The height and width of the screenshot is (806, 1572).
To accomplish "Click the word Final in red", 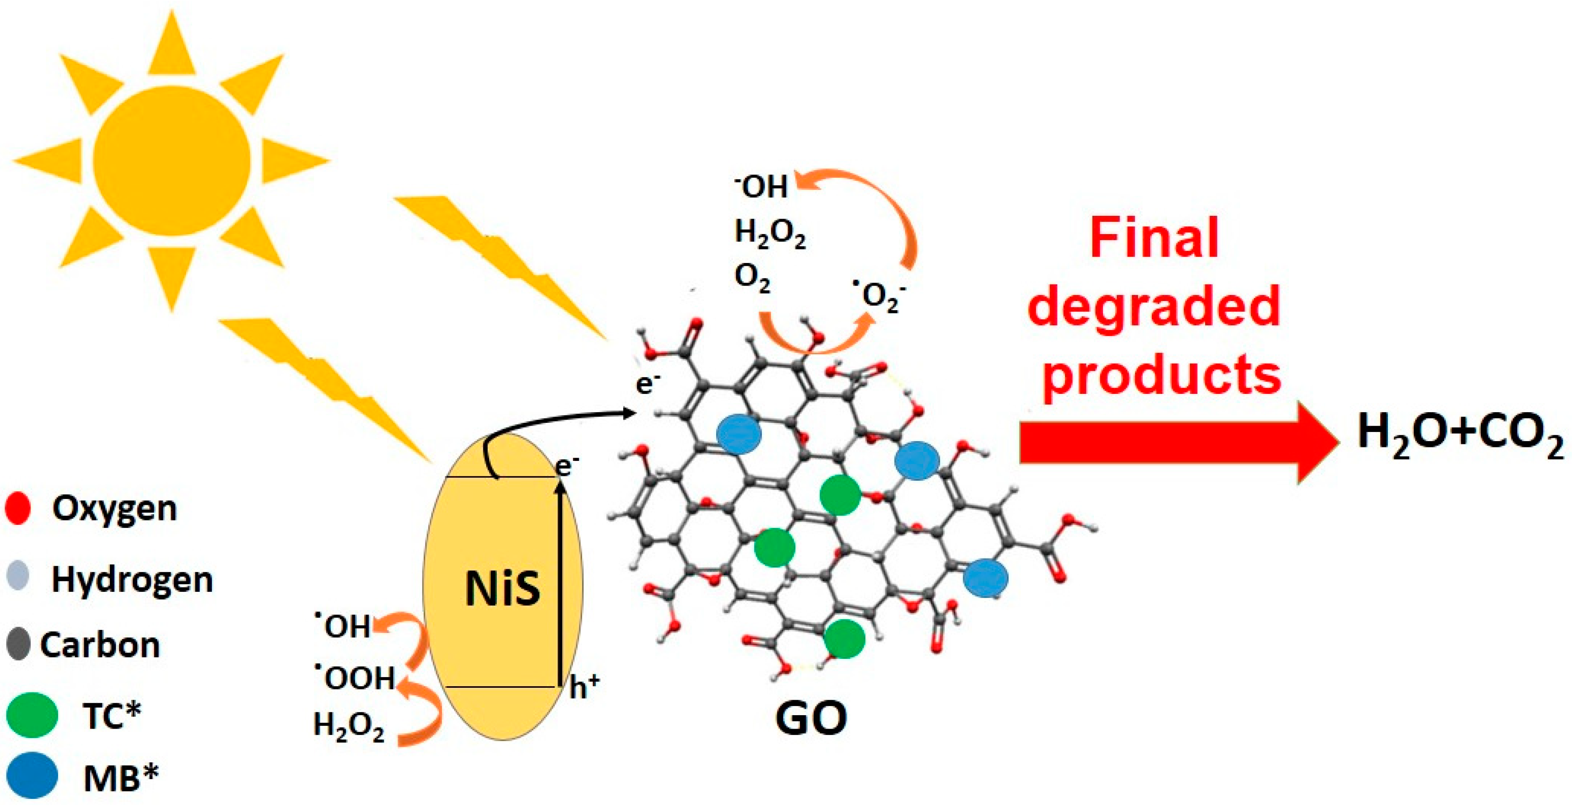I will pos(1153,238).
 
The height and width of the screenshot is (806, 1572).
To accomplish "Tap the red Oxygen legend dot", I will pos(18,508).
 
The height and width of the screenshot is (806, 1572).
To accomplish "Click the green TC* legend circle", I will pos(32,715).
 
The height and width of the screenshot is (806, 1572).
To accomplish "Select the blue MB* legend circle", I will pos(32,776).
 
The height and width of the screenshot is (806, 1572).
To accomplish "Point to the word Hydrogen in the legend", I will pos(132,579).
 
